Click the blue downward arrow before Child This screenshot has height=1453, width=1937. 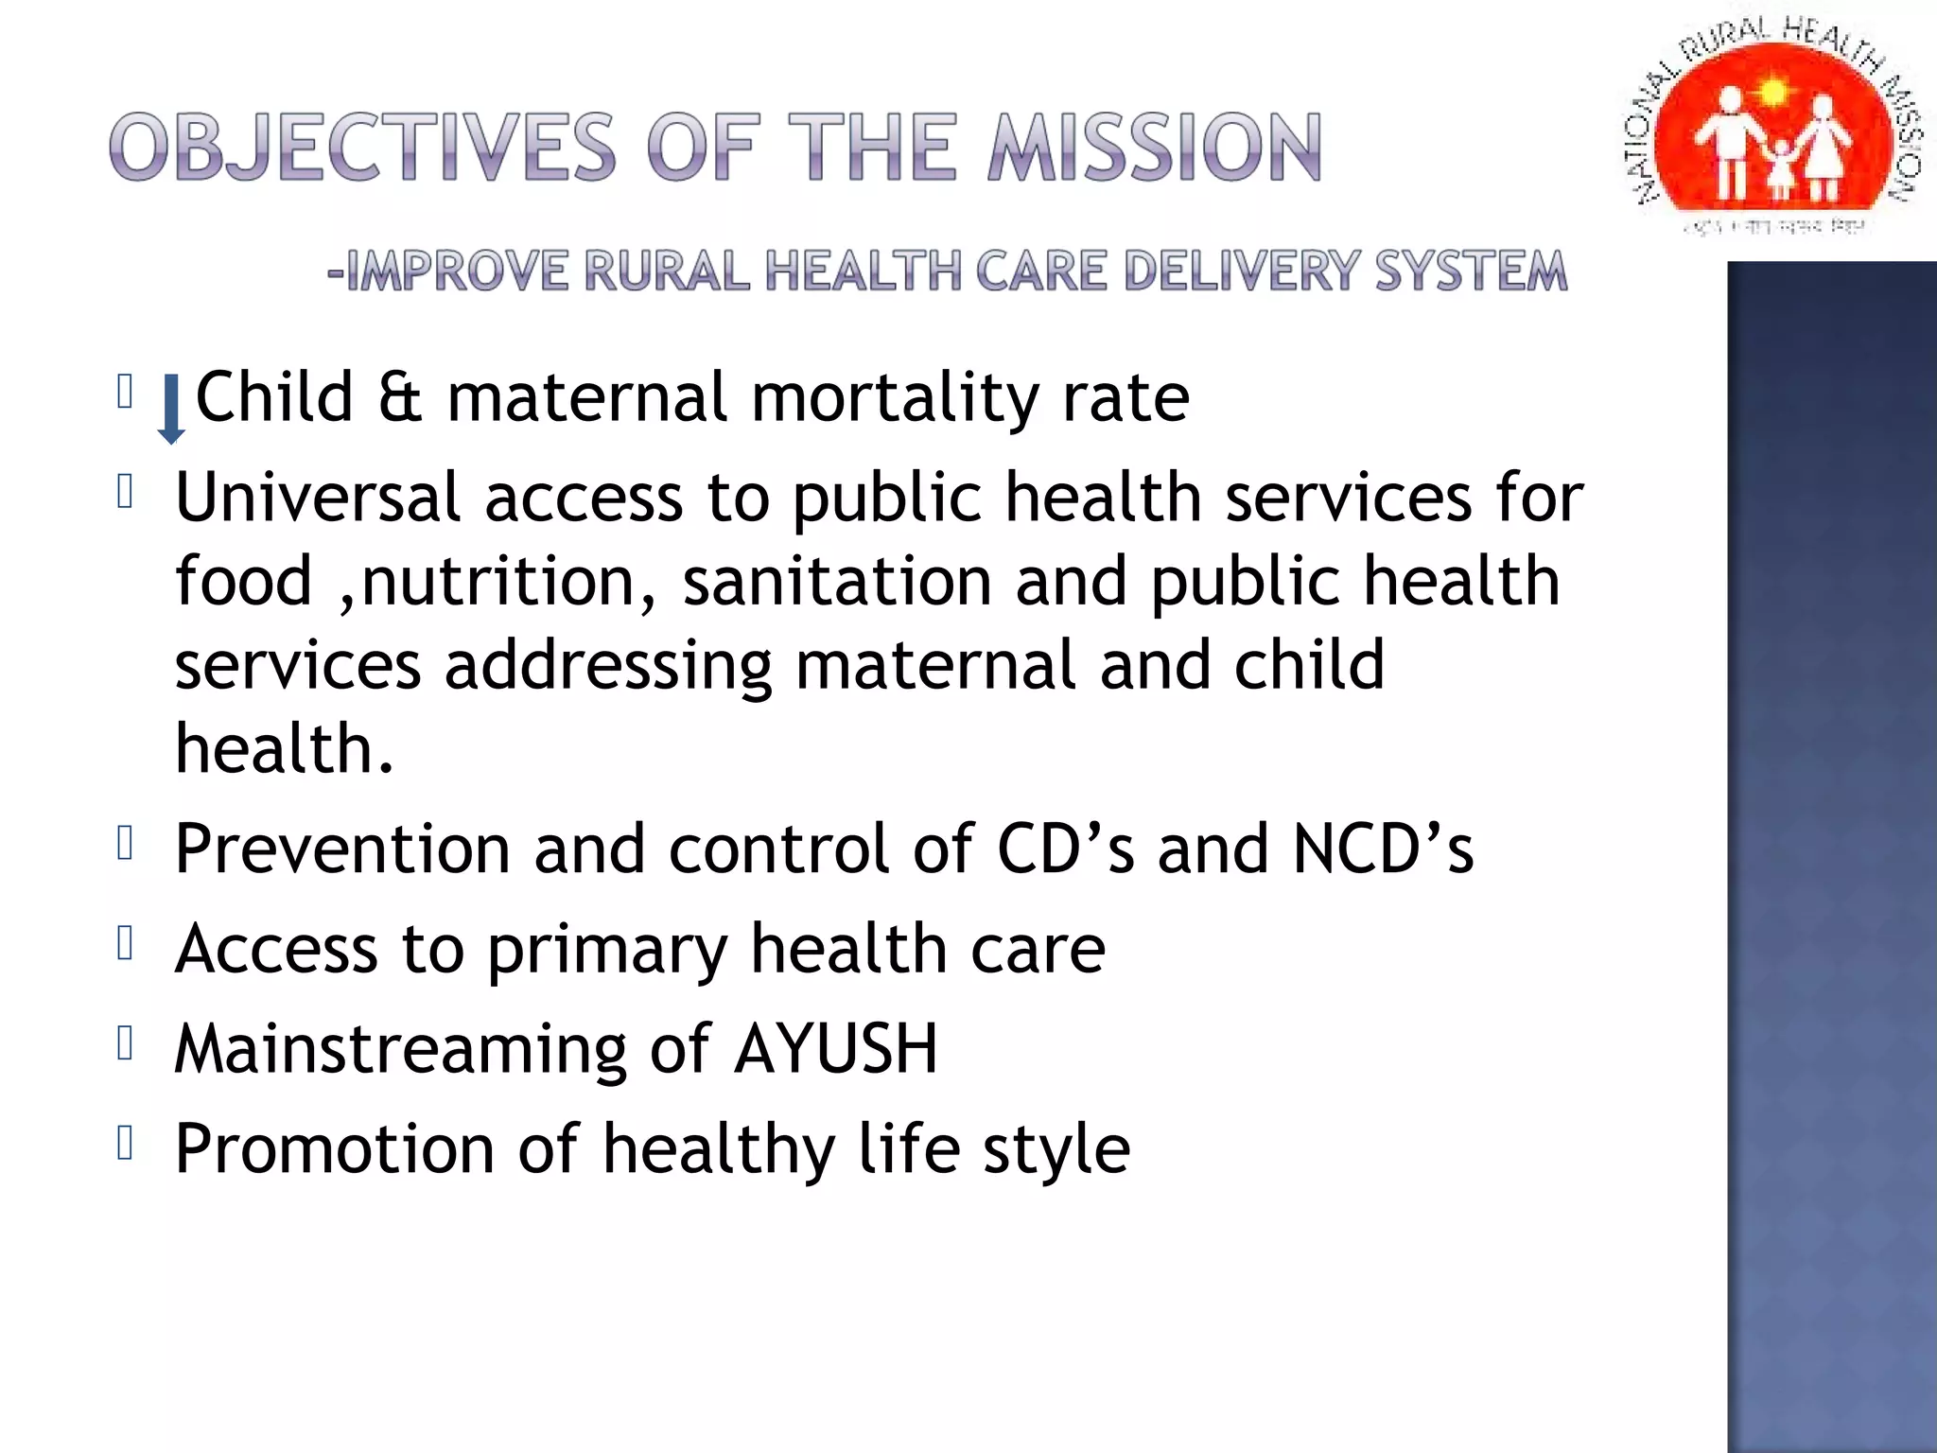[x=171, y=408]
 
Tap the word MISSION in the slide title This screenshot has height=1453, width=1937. [x=1155, y=148]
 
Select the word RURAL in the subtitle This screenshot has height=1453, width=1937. [x=667, y=271]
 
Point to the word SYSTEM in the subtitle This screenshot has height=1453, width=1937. [x=1471, y=271]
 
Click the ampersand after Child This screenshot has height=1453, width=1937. [x=399, y=397]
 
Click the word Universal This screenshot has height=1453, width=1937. [x=318, y=498]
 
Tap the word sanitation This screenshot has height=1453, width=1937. [x=837, y=581]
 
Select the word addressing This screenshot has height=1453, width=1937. [x=608, y=667]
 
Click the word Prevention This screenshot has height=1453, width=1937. [x=342, y=849]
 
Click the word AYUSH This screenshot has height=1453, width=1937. [x=836, y=1049]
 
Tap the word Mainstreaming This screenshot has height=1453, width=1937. [x=400, y=1050]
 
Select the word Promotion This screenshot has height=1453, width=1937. [x=335, y=1149]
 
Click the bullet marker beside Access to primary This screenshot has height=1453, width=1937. [x=125, y=943]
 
